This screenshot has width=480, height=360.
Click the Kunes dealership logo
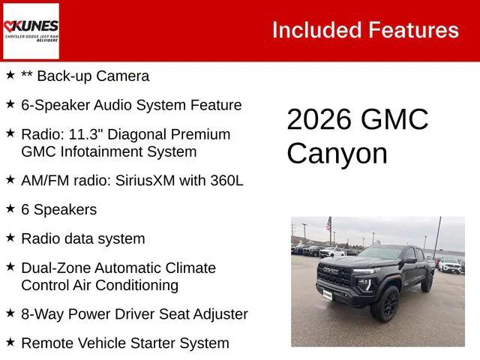pos(31,31)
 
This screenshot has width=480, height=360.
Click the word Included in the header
pos(315,30)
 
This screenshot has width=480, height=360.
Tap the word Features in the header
pos(412,30)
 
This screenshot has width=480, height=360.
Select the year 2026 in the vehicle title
pos(319,120)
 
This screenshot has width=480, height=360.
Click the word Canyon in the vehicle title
pos(337,154)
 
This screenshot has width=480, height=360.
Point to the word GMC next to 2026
pos(394,120)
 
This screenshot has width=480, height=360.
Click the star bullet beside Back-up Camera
pos(10,75)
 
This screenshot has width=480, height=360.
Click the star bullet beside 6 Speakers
pos(10,208)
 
